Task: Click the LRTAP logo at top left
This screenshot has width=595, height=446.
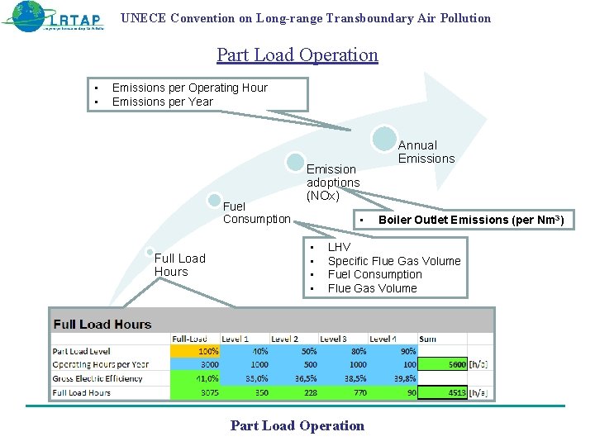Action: (54, 17)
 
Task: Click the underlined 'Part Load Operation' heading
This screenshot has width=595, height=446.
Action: (297, 55)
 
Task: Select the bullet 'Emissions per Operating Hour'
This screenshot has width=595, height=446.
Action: (189, 88)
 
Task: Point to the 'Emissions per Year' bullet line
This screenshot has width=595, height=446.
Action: (162, 102)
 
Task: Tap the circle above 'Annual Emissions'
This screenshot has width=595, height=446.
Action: (384, 138)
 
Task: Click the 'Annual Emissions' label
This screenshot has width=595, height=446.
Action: (426, 152)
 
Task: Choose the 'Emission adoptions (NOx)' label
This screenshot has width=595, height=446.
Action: (333, 183)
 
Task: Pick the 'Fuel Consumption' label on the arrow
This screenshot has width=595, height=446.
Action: (256, 212)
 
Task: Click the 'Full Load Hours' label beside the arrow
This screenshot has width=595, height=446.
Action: (179, 265)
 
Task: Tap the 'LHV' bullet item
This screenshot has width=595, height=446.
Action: (339, 247)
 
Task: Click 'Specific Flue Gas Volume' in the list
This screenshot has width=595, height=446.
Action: (394, 261)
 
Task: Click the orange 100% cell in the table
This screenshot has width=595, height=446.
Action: (195, 351)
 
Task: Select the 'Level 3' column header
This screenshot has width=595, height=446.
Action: (334, 339)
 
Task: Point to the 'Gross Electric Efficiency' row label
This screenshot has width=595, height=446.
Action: (98, 379)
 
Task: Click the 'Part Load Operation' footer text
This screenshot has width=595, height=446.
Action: (297, 426)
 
